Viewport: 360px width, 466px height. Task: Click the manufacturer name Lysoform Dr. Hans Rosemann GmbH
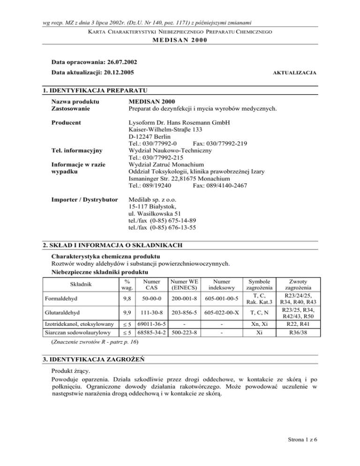183,122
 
